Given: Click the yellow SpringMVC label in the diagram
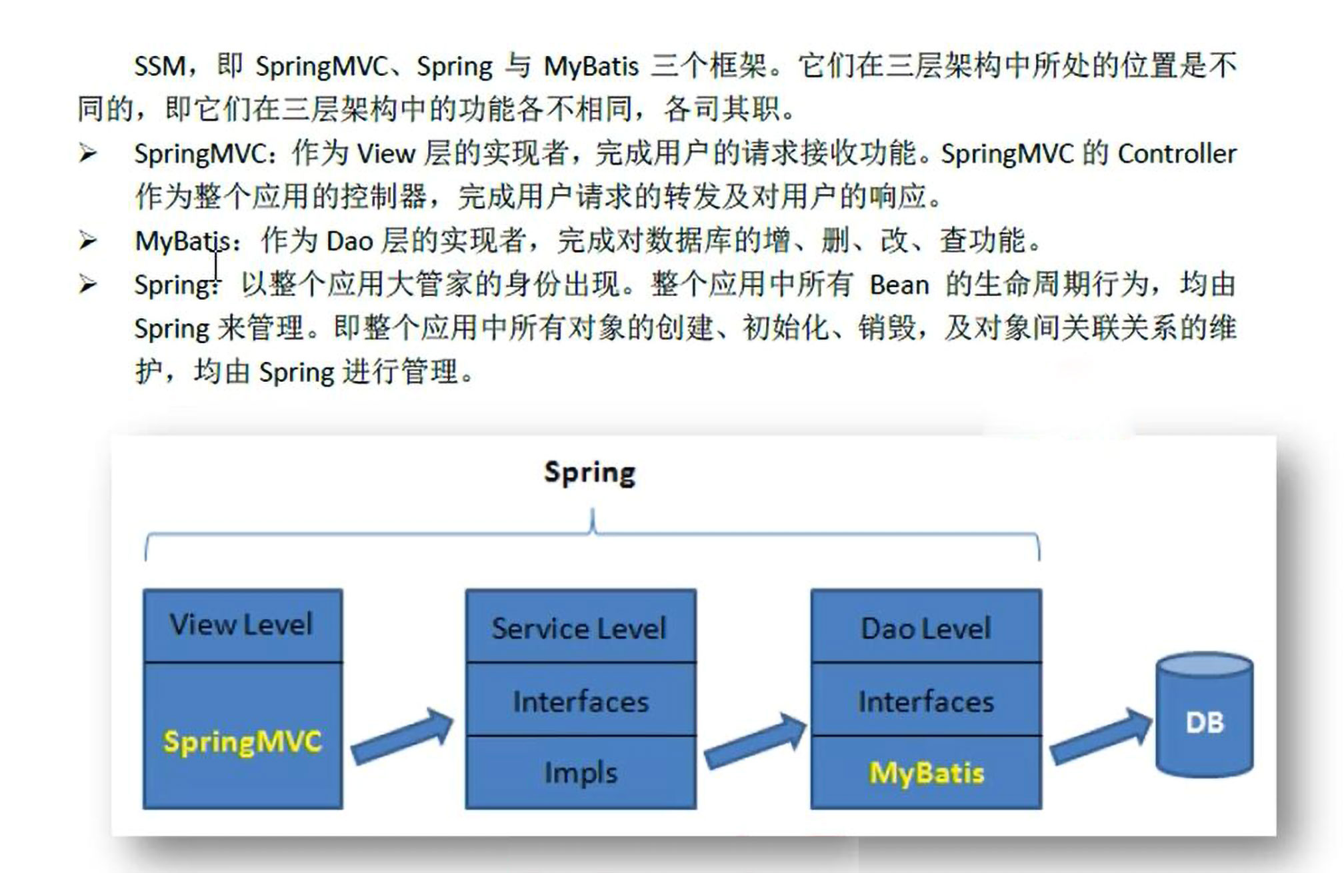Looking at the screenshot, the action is tap(243, 742).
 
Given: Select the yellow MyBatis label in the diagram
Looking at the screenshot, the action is tap(926, 773).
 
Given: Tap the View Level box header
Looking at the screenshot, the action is tap(241, 625).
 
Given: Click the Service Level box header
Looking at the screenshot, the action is tap(579, 628).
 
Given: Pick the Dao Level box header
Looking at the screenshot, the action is tap(926, 628).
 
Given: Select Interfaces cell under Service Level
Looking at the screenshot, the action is tap(581, 701).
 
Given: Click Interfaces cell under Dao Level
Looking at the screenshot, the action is tap(926, 701).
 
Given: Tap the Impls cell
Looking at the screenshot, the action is tap(581, 773).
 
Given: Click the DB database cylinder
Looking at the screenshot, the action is tap(1205, 716).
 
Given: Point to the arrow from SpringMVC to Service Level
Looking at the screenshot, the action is tap(403, 736).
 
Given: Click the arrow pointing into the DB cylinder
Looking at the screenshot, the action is tap(1101, 736).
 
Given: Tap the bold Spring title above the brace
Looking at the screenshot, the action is tap(590, 472).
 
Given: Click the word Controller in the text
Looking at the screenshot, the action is tap(1177, 154).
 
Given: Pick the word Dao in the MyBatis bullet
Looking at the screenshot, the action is tap(349, 241).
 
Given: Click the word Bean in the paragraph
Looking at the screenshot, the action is tap(899, 285).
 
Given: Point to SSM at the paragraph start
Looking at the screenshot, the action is tap(160, 66).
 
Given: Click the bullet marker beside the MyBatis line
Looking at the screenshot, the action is tap(87, 240).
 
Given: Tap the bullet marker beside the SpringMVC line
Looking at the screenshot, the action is tap(87, 153).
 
